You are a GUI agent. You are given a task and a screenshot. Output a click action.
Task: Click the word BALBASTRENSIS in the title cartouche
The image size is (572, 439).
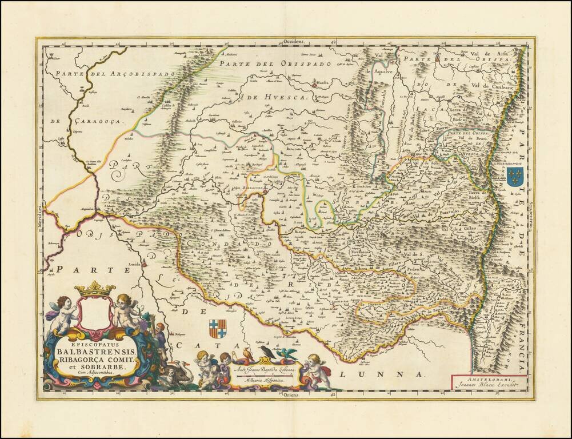[94, 350]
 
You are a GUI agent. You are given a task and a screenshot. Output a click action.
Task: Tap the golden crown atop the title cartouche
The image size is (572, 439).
[95, 289]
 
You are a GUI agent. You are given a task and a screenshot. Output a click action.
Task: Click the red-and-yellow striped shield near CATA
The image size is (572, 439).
[217, 329]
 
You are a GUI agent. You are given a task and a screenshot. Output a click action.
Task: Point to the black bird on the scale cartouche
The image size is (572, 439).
[266, 351]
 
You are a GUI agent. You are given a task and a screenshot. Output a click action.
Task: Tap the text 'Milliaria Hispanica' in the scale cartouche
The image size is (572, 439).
[266, 379]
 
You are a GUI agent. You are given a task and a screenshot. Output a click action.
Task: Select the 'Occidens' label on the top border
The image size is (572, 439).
[295, 42]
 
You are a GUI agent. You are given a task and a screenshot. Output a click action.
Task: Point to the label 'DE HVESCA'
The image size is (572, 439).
[278, 98]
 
